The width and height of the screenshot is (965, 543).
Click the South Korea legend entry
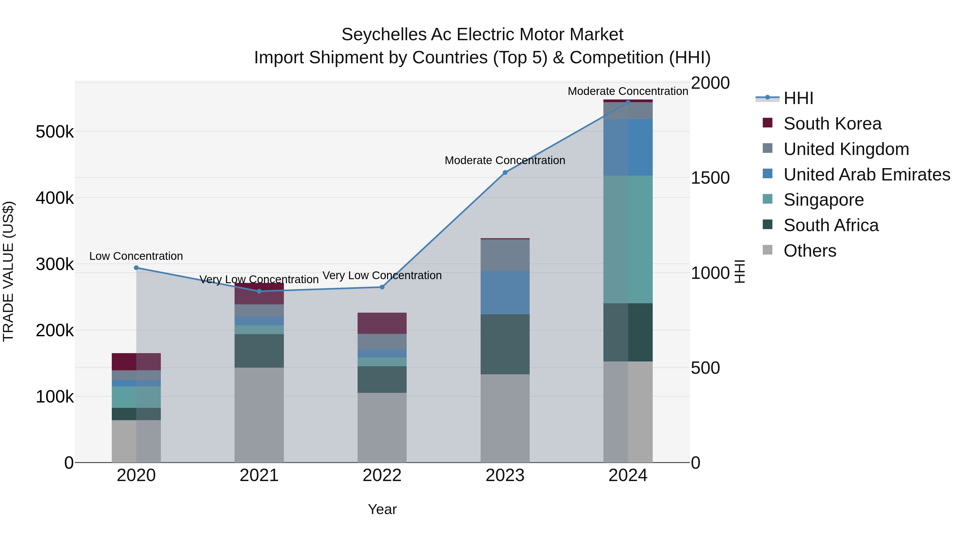pos(832,124)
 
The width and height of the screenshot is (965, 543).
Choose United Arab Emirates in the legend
pos(866,175)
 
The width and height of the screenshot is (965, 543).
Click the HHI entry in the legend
pos(798,98)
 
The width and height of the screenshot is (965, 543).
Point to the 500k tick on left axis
pos(55,132)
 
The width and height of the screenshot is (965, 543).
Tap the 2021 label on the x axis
pos(259,475)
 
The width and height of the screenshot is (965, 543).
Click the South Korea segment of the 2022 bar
pos(382,323)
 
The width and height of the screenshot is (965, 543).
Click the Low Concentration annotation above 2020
pos(136,256)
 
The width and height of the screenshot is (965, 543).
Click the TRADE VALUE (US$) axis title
pos(8,271)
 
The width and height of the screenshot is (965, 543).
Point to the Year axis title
pos(382,509)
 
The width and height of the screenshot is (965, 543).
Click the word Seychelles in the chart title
pos(384,35)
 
